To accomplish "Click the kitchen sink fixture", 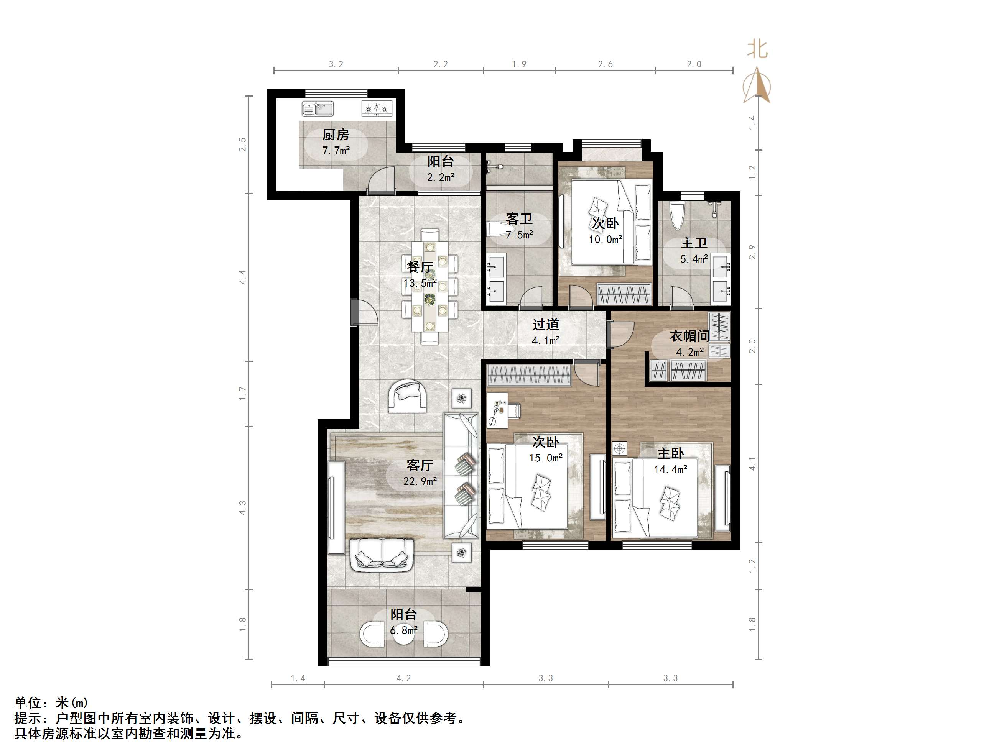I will tap(317, 109).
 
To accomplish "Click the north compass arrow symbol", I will tap(757, 85).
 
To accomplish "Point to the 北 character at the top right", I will tap(757, 49).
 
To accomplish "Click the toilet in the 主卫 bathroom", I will tap(677, 217).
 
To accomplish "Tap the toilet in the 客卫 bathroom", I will tap(494, 229).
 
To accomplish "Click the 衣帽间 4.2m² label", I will tap(689, 343).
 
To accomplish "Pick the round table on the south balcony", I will tap(404, 634).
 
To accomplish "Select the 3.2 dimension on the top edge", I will tap(336, 64).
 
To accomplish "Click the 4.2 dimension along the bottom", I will tap(403, 678).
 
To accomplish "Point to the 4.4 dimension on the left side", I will tap(243, 277).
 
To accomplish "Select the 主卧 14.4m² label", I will tap(670, 461).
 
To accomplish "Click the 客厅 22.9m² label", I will tap(420, 473).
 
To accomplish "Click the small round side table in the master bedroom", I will tap(619, 448).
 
